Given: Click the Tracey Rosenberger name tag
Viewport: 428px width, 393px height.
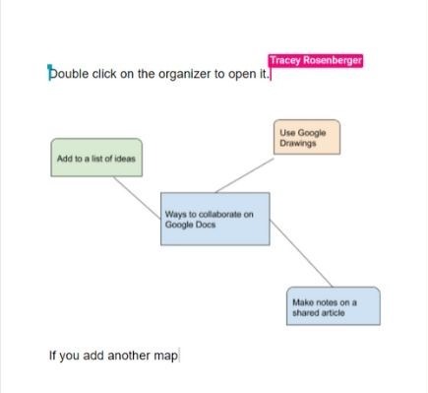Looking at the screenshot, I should point(315,61).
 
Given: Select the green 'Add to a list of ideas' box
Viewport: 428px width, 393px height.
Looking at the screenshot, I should point(96,158).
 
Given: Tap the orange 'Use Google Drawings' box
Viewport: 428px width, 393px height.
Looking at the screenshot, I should point(307,137).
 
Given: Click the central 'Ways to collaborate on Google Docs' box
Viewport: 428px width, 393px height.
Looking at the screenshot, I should point(214,219).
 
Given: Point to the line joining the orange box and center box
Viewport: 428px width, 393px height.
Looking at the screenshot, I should point(241,174).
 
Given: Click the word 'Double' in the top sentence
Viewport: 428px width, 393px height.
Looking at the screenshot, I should point(68,74).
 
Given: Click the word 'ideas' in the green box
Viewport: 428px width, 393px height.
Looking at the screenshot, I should point(123,158).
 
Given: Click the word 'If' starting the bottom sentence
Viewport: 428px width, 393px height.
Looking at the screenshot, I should point(52,355).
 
